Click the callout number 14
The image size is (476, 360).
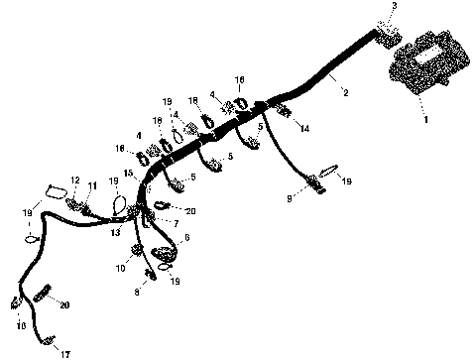click(304, 129)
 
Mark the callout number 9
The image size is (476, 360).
click(289, 198)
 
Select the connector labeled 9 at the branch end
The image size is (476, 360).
click(317, 181)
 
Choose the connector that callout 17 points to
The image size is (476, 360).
click(46, 339)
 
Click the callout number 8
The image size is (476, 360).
click(137, 293)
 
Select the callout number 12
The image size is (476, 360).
click(75, 180)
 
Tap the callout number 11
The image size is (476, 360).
click(93, 185)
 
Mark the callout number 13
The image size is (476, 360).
click(115, 231)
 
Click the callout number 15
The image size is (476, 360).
click(127, 175)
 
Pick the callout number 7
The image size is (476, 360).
click(176, 223)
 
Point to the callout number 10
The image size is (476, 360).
click(121, 268)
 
